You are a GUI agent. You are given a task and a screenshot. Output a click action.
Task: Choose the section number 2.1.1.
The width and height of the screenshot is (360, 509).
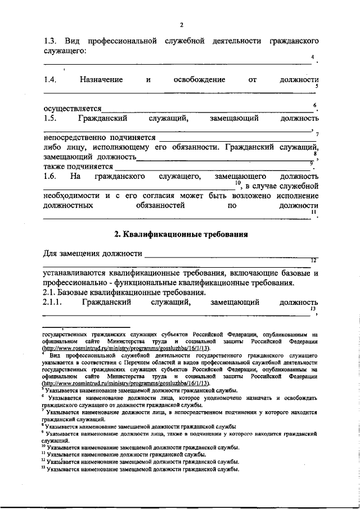(55, 303)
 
